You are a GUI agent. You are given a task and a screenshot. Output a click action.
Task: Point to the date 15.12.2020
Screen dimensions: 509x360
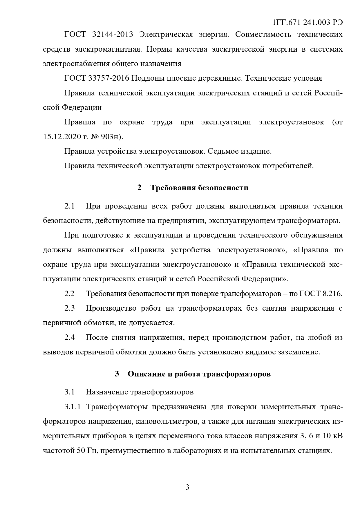click(62, 137)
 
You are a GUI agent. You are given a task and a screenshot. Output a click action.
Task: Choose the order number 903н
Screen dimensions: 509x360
click(111, 137)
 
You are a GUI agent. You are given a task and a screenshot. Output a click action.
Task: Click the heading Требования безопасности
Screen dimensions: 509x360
click(199, 188)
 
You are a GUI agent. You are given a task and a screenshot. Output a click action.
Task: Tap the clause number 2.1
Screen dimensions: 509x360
click(70, 206)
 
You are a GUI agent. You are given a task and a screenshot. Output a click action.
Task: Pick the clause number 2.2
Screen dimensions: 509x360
click(70, 294)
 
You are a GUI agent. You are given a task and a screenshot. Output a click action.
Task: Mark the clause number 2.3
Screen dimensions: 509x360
click(70, 308)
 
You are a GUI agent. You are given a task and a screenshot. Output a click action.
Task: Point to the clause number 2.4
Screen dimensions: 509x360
click(70, 338)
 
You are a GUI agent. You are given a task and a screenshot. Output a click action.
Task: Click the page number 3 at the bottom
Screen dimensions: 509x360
click(187, 487)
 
